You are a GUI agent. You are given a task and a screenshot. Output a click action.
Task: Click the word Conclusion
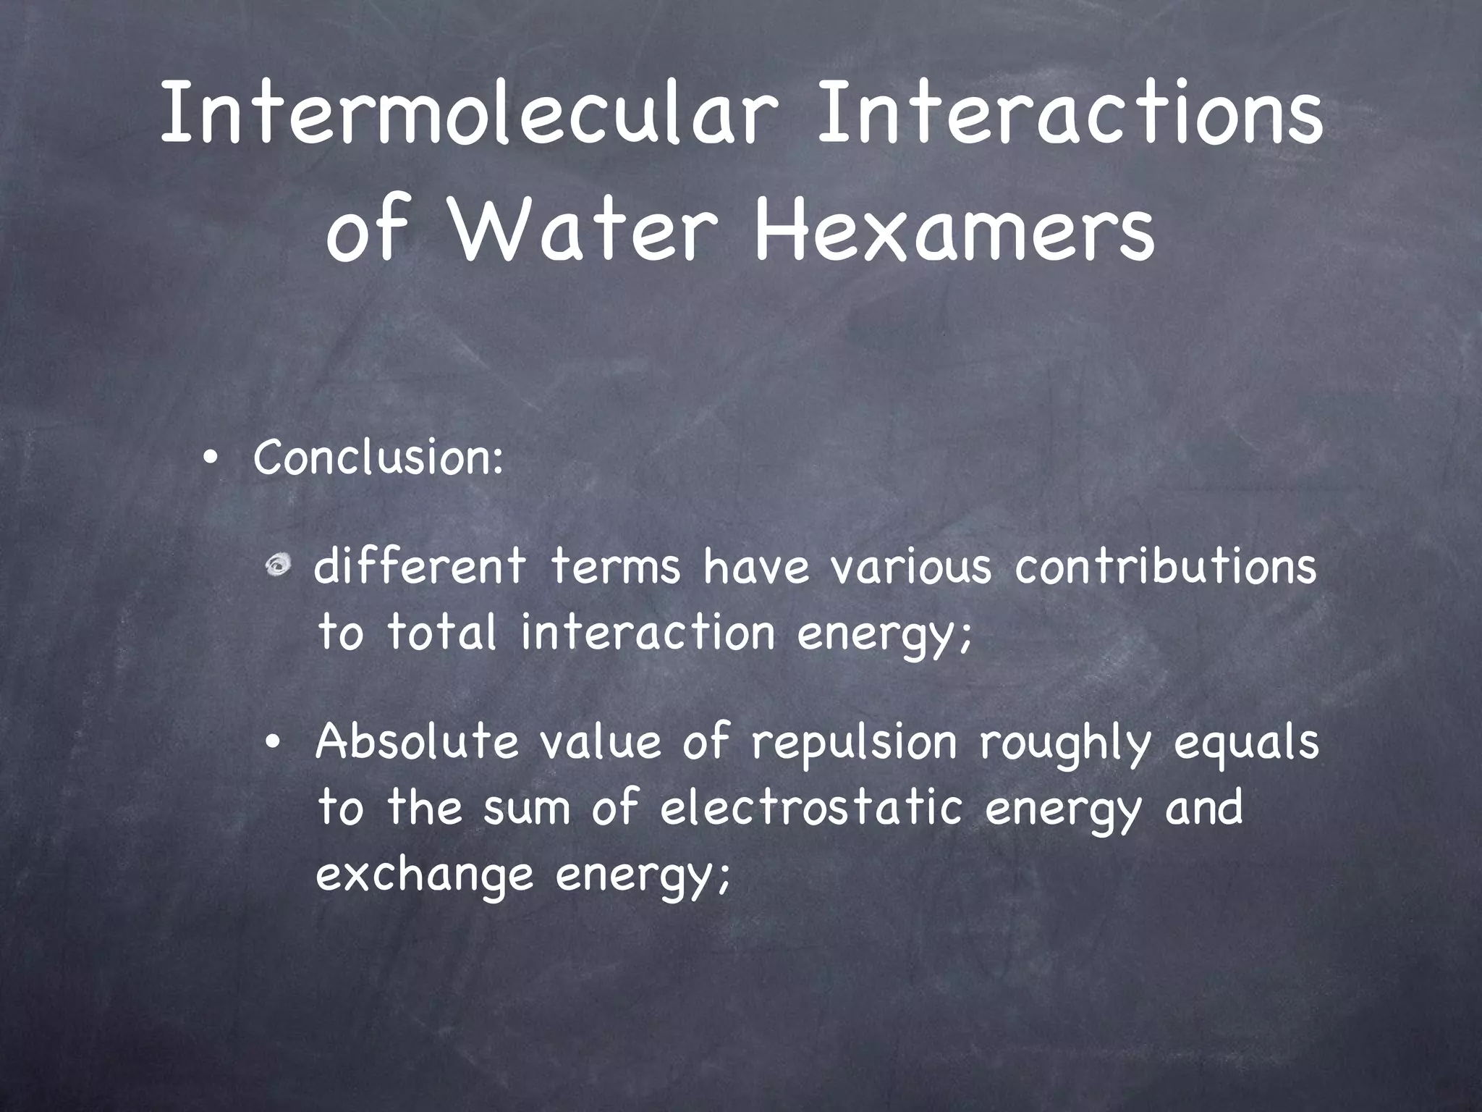[x=377, y=458]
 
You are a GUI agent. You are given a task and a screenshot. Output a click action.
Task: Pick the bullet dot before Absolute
[x=273, y=745]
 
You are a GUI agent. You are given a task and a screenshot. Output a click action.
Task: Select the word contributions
[x=1166, y=567]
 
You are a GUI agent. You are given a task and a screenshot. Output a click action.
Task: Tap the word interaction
[x=648, y=632]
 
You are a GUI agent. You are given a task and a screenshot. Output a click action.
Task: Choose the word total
[x=442, y=632]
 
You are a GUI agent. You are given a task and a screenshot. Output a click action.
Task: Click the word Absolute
[x=417, y=743]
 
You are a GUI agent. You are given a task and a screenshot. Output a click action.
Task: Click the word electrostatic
[x=811, y=809]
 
